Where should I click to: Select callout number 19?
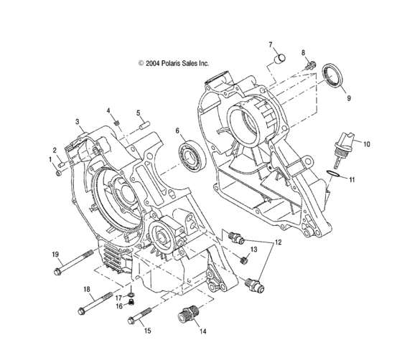click(x=54, y=255)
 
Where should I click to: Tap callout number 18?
click(x=88, y=289)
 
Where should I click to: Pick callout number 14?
click(x=202, y=331)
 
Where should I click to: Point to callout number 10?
click(x=366, y=143)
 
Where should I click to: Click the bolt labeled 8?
click(x=310, y=66)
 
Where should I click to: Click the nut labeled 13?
click(x=244, y=260)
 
